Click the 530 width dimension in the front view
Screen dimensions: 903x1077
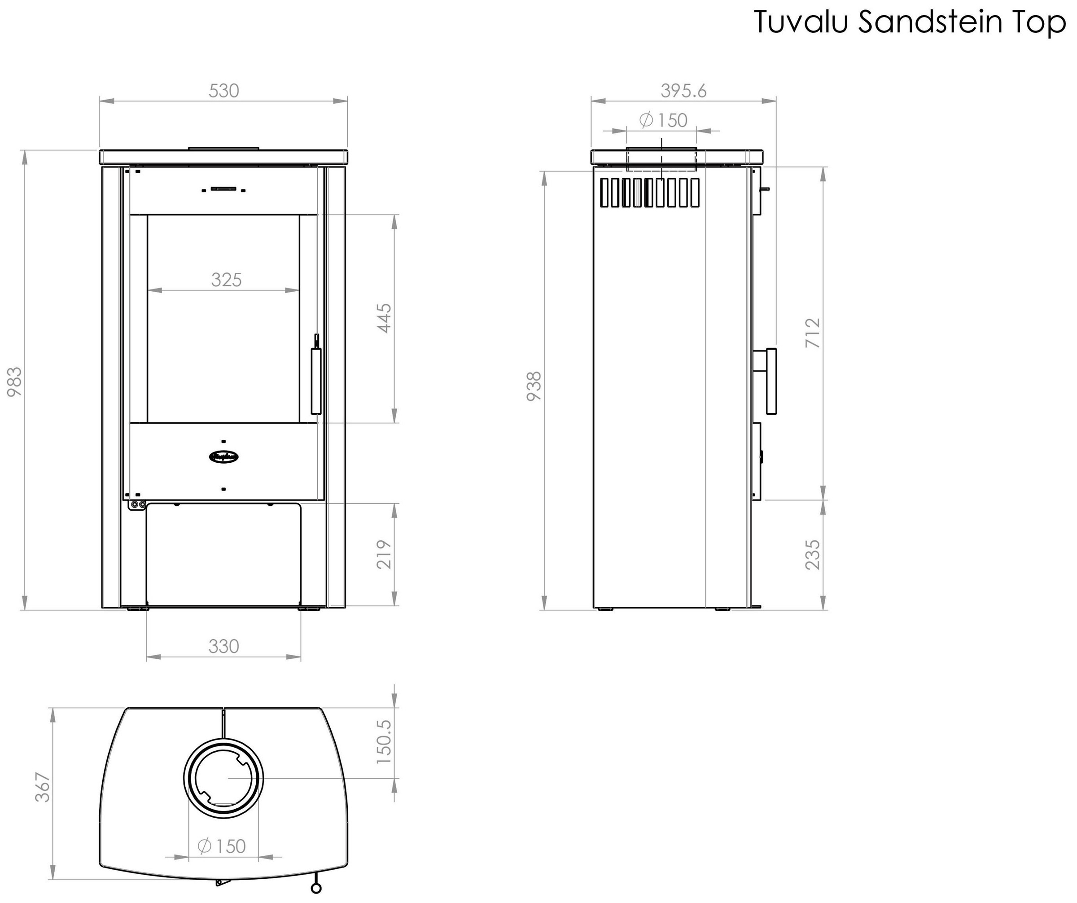pyautogui.click(x=224, y=91)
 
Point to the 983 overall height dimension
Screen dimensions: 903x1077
pyautogui.click(x=14, y=381)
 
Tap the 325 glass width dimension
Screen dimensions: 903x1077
pyautogui.click(x=226, y=280)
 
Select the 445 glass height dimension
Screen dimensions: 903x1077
pyautogui.click(x=385, y=318)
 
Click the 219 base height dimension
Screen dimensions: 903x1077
pyautogui.click(x=385, y=554)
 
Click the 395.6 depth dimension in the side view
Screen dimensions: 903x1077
pyautogui.click(x=683, y=91)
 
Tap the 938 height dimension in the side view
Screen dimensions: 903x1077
pyautogui.click(x=534, y=386)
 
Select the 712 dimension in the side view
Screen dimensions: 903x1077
pyautogui.click(x=813, y=333)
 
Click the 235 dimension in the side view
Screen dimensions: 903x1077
pyautogui.click(x=813, y=554)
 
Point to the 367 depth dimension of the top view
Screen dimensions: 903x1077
pyautogui.click(x=43, y=787)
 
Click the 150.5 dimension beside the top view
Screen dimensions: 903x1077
pyautogui.click(x=384, y=741)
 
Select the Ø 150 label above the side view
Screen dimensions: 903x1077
pyautogui.click(x=663, y=120)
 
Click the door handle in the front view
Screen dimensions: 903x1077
pyautogui.click(x=316, y=381)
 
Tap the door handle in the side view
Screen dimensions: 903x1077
pyautogui.click(x=771, y=381)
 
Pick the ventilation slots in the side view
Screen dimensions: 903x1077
pyautogui.click(x=650, y=192)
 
